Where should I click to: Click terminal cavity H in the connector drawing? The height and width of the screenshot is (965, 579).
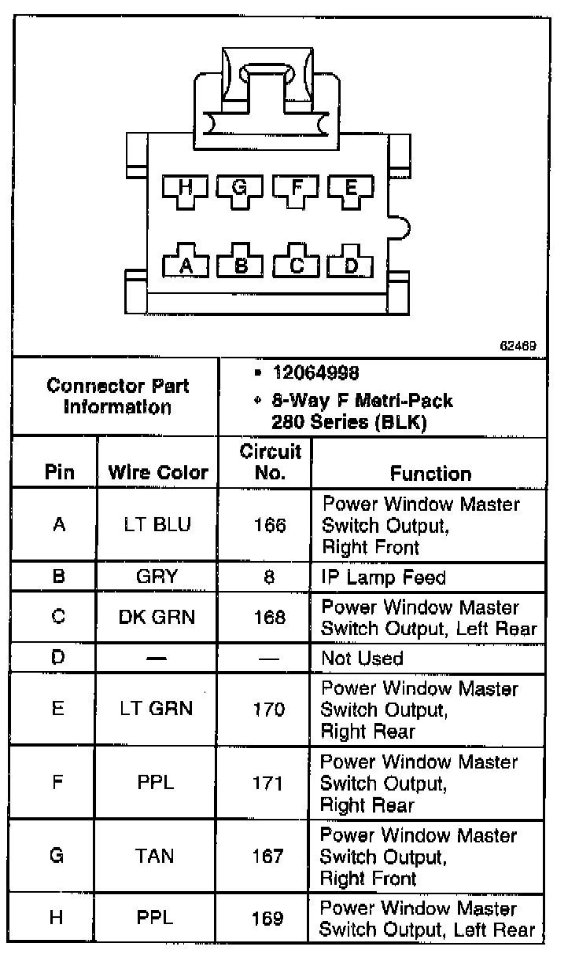pyautogui.click(x=186, y=187)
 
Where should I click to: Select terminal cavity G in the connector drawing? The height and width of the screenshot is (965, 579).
pyautogui.click(x=241, y=187)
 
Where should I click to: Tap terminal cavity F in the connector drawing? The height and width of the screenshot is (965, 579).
pyautogui.click(x=296, y=187)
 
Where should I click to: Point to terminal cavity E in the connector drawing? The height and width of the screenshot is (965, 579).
pyautogui.click(x=351, y=187)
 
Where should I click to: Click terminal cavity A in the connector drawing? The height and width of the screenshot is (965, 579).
pyautogui.click(x=186, y=264)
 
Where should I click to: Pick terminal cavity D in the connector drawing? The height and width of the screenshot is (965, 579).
pyautogui.click(x=351, y=264)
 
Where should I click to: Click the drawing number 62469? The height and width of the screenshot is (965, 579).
pyautogui.click(x=514, y=344)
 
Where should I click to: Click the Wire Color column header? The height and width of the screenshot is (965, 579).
pyautogui.click(x=158, y=472)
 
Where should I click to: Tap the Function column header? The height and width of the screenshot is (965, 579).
pyautogui.click(x=430, y=473)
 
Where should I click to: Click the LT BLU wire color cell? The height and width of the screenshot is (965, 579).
pyautogui.click(x=157, y=525)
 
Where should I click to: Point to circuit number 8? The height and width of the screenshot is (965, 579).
pyautogui.click(x=269, y=578)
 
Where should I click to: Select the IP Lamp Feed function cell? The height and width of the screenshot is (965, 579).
pyautogui.click(x=384, y=578)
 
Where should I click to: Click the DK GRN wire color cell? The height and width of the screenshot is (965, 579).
pyautogui.click(x=157, y=617)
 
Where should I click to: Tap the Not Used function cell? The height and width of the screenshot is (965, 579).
pyautogui.click(x=362, y=658)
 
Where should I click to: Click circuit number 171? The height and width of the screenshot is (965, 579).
pyautogui.click(x=269, y=783)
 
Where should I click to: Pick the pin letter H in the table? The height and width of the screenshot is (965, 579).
pyautogui.click(x=57, y=917)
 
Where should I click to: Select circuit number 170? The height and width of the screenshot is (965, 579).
pyautogui.click(x=269, y=710)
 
